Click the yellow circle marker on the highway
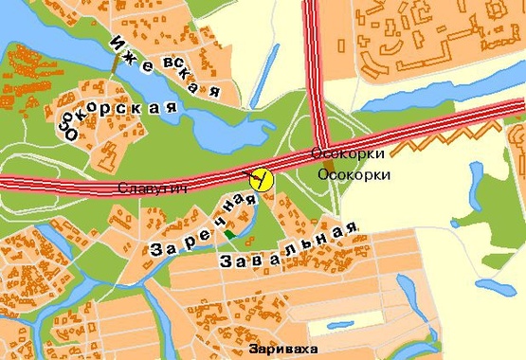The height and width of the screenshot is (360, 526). pos(260,177)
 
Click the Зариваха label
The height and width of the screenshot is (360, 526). pos(279,349)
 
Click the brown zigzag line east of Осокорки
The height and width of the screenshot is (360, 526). pos(426,143)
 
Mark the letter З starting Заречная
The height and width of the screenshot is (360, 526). pos(158,250)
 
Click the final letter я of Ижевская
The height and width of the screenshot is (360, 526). pos(215,92)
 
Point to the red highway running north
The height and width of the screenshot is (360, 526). pos(312,57)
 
